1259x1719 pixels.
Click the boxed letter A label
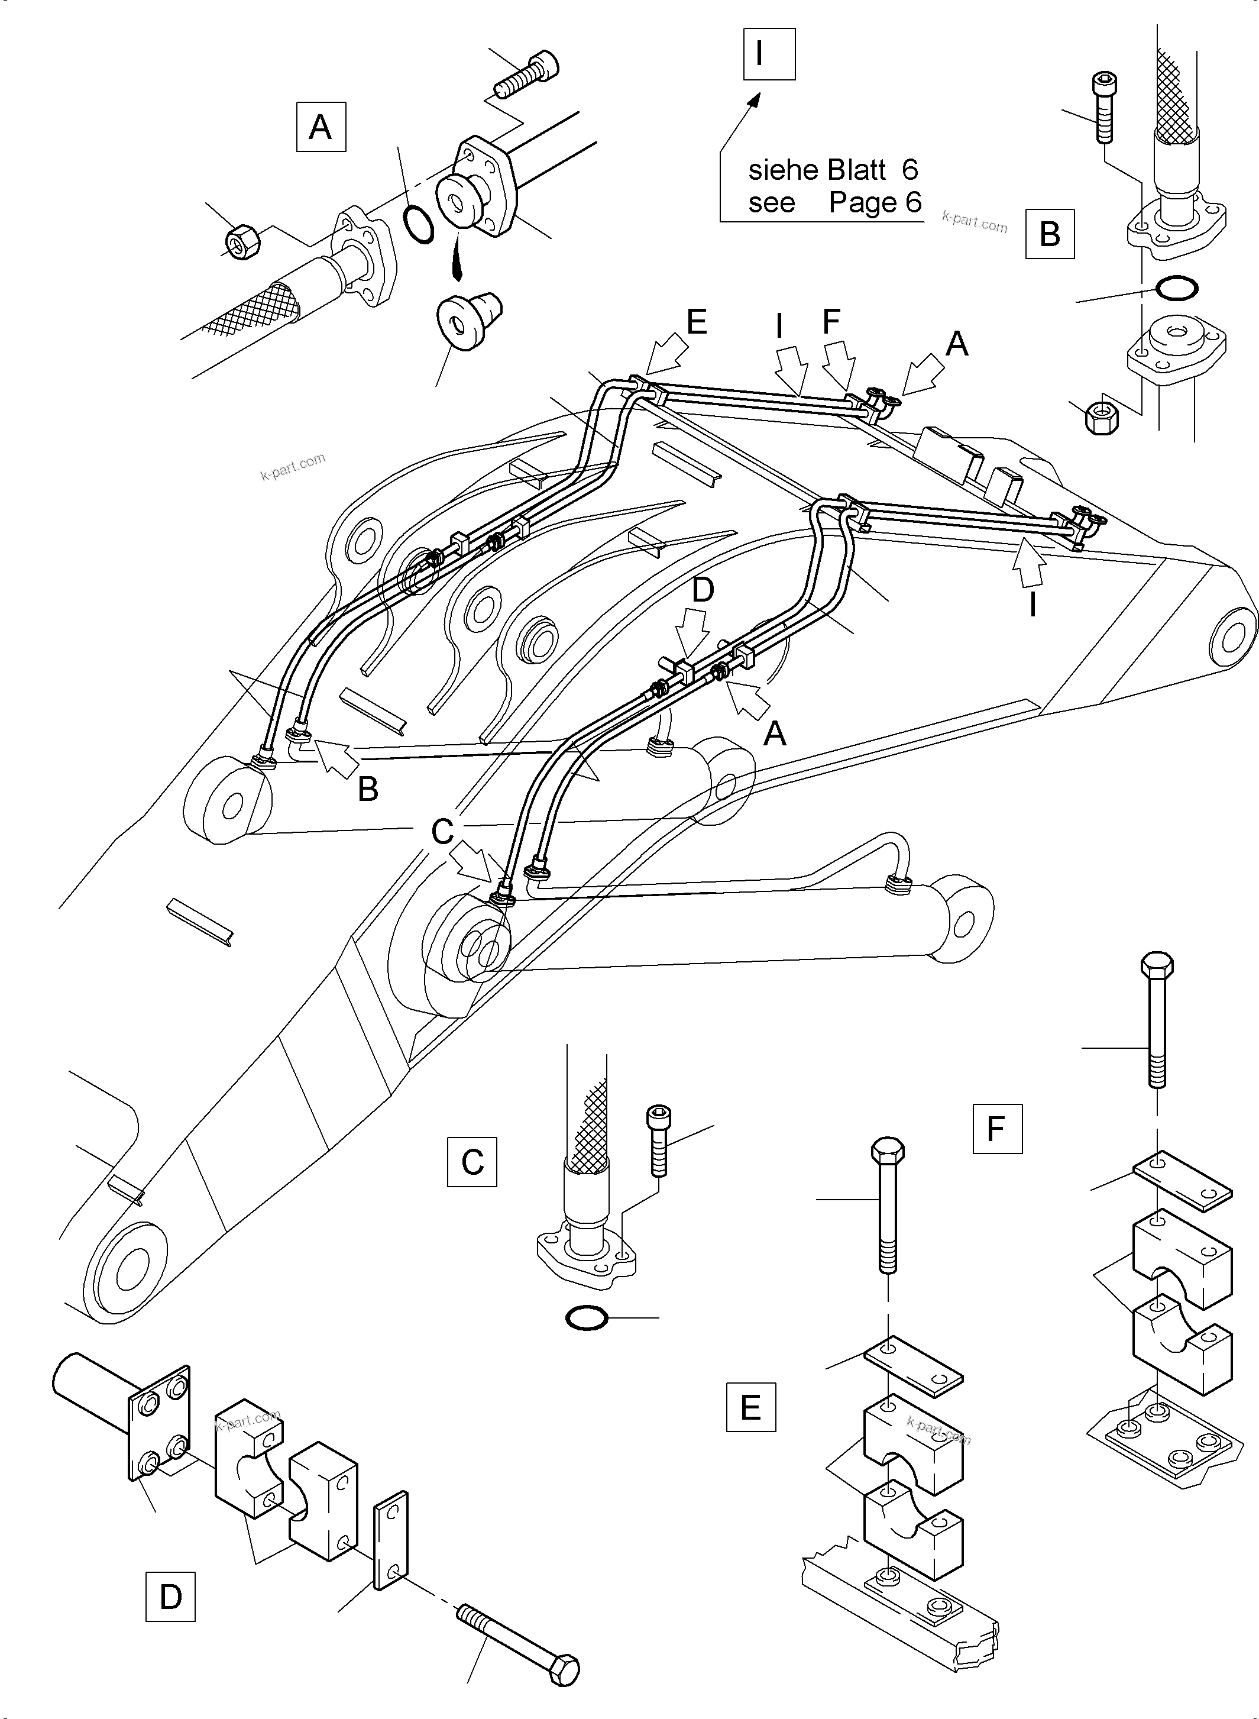(x=320, y=127)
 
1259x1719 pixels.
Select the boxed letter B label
(x=1050, y=234)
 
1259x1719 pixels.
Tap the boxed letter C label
(x=472, y=1162)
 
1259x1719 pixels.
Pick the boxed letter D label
(x=170, y=1597)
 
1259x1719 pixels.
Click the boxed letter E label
(x=750, y=1407)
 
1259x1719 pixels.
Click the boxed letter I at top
(x=769, y=54)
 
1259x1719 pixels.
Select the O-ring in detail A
(x=417, y=224)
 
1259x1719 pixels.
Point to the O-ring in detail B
(x=1176, y=288)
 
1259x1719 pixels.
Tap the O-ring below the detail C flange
(x=586, y=1317)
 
